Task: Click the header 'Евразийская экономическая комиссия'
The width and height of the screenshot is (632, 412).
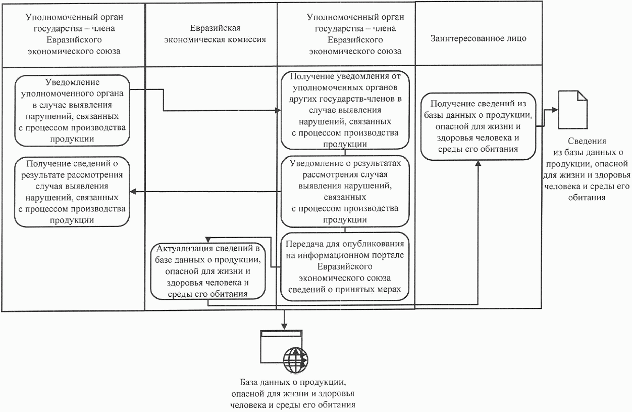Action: click(x=210, y=34)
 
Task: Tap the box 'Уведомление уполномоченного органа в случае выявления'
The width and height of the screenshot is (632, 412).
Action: click(x=72, y=110)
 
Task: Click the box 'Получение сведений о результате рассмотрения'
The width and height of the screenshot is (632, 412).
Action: click(x=72, y=192)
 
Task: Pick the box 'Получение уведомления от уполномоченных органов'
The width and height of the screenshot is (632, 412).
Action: click(x=345, y=111)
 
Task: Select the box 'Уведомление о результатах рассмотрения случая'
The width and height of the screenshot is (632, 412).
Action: click(x=345, y=192)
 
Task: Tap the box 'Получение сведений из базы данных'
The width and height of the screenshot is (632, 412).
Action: click(x=479, y=125)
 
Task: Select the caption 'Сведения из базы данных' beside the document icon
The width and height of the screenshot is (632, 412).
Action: click(x=586, y=169)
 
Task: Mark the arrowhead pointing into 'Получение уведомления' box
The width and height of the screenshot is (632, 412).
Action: click(x=279, y=110)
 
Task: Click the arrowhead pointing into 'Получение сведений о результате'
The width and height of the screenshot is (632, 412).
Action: click(x=133, y=192)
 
